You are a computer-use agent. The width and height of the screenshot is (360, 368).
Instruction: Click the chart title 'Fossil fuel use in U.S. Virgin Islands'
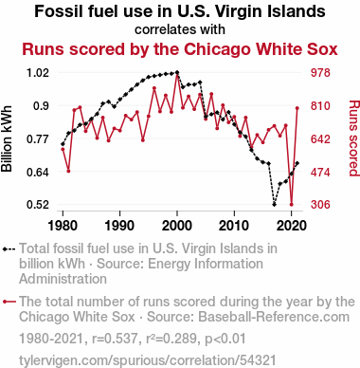(x=180, y=11)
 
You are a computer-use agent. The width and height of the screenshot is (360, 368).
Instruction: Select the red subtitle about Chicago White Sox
(x=180, y=49)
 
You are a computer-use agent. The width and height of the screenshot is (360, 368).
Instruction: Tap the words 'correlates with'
(x=180, y=29)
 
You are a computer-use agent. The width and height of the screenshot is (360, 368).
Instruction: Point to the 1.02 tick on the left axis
(x=38, y=73)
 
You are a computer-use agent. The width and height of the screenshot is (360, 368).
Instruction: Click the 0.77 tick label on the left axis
(x=38, y=139)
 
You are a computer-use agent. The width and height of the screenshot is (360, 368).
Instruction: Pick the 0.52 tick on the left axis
(x=38, y=205)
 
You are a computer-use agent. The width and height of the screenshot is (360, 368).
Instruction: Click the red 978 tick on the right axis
(x=320, y=73)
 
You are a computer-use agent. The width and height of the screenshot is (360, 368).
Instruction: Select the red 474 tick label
(x=320, y=173)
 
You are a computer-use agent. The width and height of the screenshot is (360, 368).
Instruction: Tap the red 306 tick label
(x=320, y=205)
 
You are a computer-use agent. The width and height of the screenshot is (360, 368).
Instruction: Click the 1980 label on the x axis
(x=63, y=226)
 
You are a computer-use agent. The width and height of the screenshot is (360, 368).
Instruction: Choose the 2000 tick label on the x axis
(x=177, y=226)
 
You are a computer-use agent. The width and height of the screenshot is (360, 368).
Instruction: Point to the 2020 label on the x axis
(x=292, y=226)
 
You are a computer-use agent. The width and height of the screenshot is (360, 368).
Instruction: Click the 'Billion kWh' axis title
(x=7, y=138)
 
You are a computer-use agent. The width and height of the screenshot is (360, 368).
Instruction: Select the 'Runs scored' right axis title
(x=354, y=138)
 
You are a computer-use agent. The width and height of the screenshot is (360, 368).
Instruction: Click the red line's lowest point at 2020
(x=292, y=205)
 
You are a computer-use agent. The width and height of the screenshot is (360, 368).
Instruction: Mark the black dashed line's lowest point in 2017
(x=274, y=205)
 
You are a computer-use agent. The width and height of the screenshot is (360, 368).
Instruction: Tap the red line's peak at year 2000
(x=177, y=75)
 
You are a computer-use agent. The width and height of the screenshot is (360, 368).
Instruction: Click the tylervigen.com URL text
(x=148, y=360)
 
